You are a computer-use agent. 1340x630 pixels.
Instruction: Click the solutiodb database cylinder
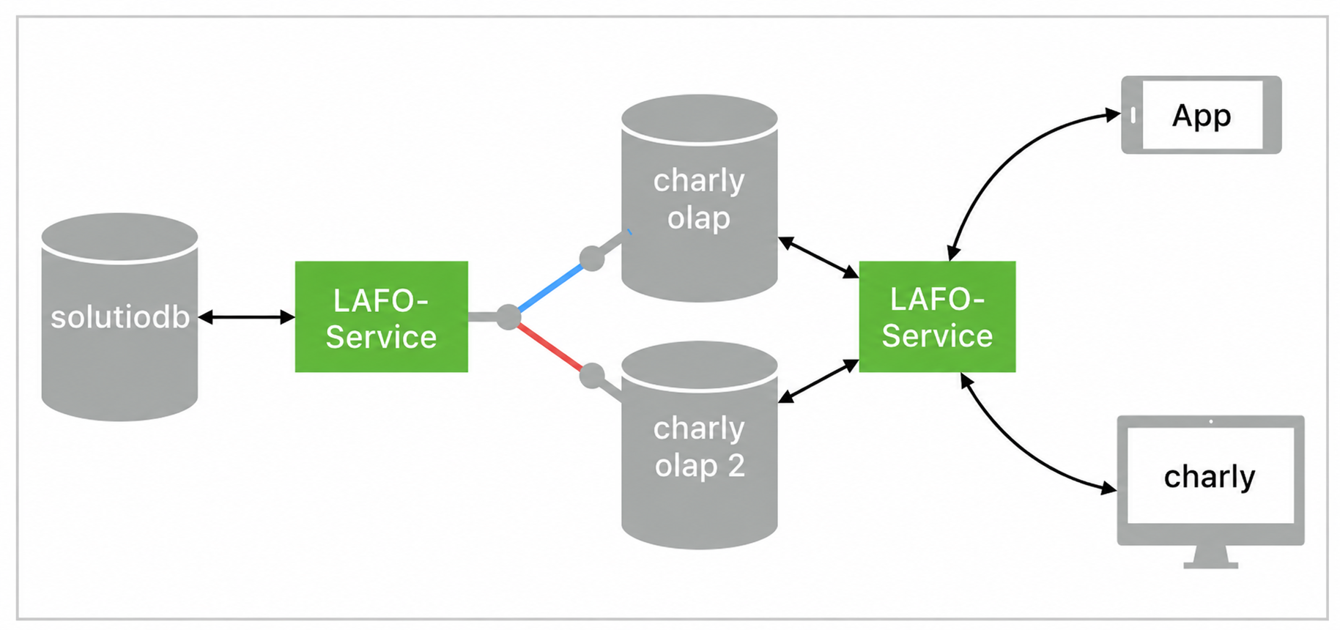click(119, 316)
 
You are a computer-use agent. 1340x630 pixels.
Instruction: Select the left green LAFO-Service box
click(381, 316)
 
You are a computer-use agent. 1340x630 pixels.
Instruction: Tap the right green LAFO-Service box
click(937, 316)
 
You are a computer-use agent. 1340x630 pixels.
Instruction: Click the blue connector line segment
click(551, 286)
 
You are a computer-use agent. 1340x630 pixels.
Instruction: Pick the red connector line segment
click(550, 347)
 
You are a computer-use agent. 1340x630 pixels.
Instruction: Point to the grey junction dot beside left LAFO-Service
click(508, 316)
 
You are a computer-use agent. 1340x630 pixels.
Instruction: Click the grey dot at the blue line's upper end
click(592, 258)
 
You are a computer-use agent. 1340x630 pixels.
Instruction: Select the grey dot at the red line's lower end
click(592, 377)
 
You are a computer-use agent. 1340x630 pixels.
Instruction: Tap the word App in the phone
click(1202, 116)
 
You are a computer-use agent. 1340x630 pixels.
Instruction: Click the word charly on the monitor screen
click(1210, 477)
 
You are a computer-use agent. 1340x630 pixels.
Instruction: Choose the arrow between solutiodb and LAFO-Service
click(247, 317)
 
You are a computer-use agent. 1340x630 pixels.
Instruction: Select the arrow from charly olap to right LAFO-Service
click(818, 257)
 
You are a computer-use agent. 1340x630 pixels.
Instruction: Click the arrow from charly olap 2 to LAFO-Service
click(818, 381)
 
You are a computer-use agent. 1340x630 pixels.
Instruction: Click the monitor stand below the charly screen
click(1211, 557)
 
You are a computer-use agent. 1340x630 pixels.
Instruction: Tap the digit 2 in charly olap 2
click(736, 465)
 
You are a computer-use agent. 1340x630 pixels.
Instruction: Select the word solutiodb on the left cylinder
click(120, 317)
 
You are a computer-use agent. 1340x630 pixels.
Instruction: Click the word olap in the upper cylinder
click(699, 218)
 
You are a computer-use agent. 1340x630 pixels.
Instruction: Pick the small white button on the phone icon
click(1133, 115)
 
